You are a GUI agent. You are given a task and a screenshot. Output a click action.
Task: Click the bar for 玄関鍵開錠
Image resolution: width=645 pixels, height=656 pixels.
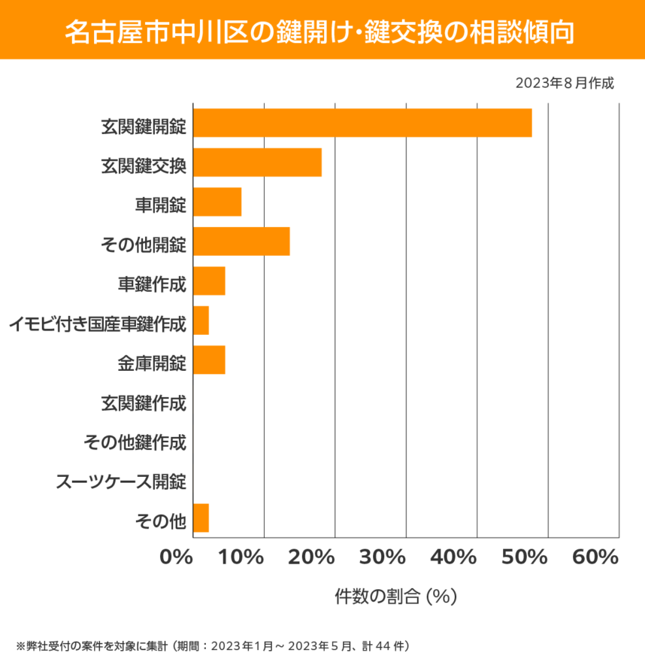(x=362, y=123)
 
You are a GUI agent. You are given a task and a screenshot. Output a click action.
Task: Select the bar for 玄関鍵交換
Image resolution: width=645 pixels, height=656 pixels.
(x=257, y=162)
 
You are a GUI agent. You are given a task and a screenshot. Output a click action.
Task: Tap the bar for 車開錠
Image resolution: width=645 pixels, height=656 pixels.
(x=217, y=202)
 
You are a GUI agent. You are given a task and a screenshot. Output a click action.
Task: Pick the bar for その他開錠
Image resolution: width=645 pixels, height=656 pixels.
(x=241, y=241)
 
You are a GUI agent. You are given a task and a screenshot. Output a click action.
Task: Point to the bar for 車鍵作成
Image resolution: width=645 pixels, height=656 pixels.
(x=209, y=281)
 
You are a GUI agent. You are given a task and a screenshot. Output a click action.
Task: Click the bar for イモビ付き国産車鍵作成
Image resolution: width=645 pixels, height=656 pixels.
(x=201, y=320)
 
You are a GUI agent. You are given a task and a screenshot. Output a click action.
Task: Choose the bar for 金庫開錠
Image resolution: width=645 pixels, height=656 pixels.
(x=209, y=360)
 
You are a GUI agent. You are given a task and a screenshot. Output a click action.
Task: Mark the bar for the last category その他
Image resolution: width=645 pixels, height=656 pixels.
(x=201, y=518)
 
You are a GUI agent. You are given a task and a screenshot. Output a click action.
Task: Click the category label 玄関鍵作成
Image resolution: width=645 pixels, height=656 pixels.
(x=143, y=403)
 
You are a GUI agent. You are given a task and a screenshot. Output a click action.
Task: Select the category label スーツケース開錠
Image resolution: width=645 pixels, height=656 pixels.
(x=121, y=481)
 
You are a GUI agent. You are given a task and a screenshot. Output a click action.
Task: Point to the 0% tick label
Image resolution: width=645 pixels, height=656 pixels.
(x=177, y=557)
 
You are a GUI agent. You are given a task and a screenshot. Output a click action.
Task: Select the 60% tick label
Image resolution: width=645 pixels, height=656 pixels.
(x=595, y=557)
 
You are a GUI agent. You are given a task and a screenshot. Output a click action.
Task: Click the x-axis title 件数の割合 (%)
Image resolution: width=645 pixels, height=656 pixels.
(x=396, y=597)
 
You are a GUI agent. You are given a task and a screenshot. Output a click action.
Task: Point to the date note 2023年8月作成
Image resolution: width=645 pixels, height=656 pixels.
(x=565, y=84)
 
